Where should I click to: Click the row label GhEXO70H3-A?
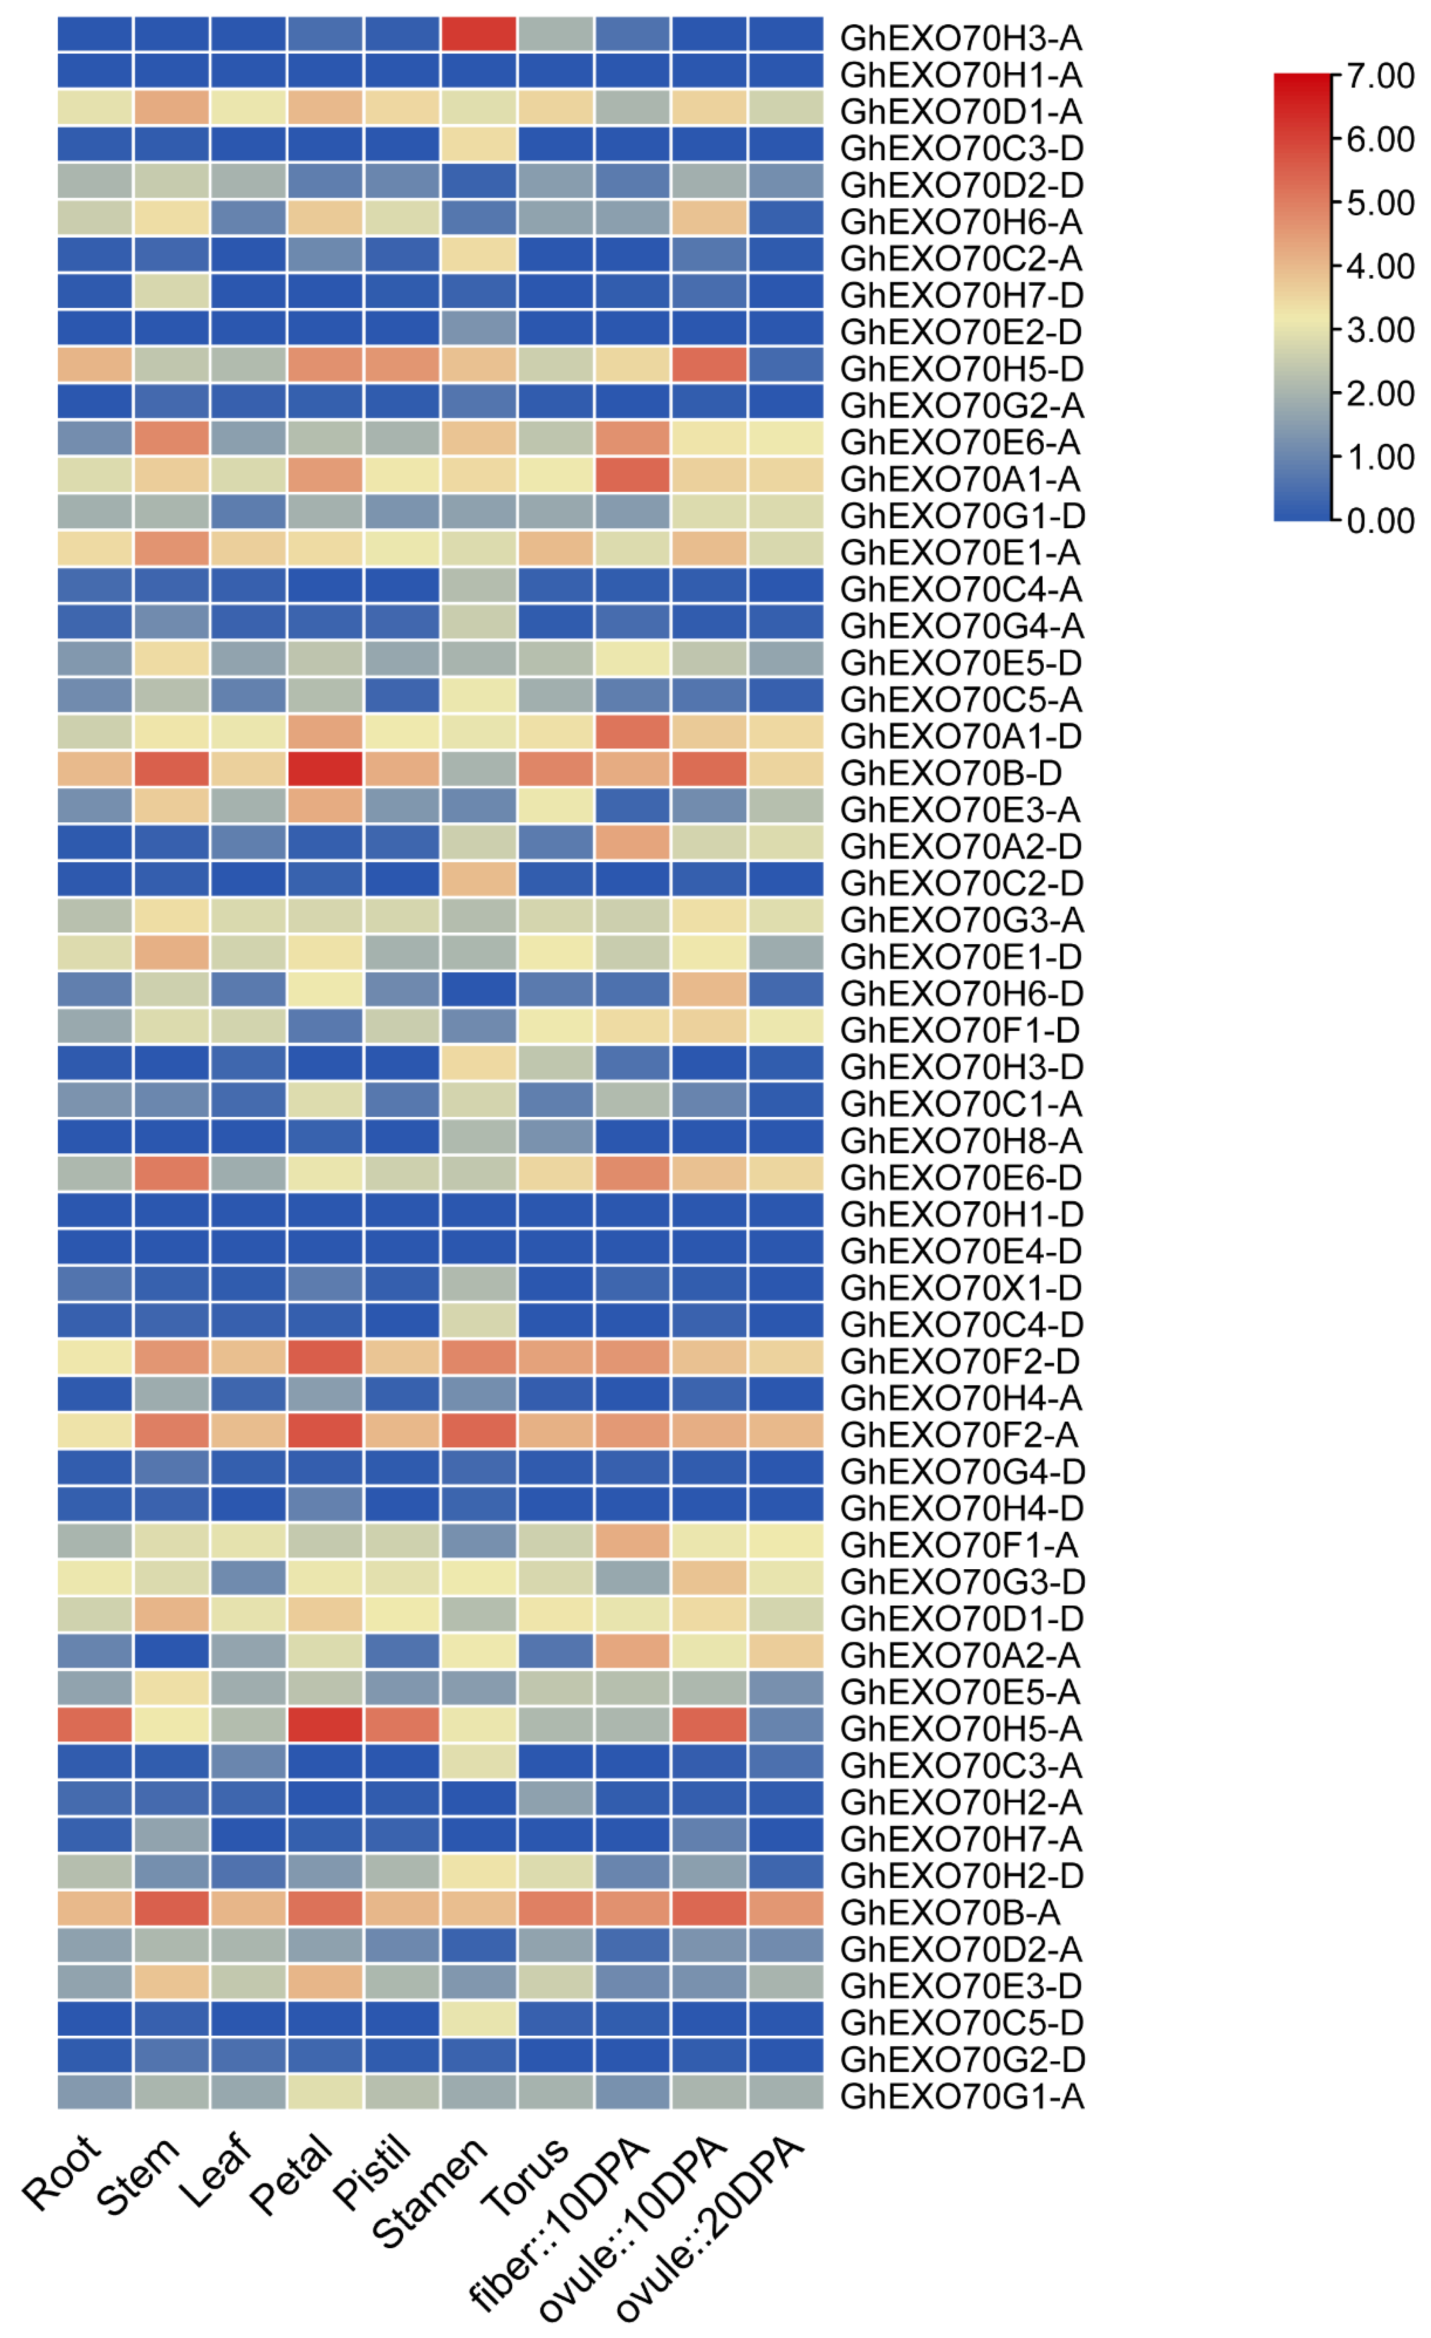[x=961, y=38]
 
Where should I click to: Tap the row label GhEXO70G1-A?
[x=961, y=2096]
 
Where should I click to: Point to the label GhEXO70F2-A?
[x=958, y=1435]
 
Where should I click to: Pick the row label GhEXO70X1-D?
[x=961, y=1287]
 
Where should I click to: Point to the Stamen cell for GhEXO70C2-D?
[x=478, y=880]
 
